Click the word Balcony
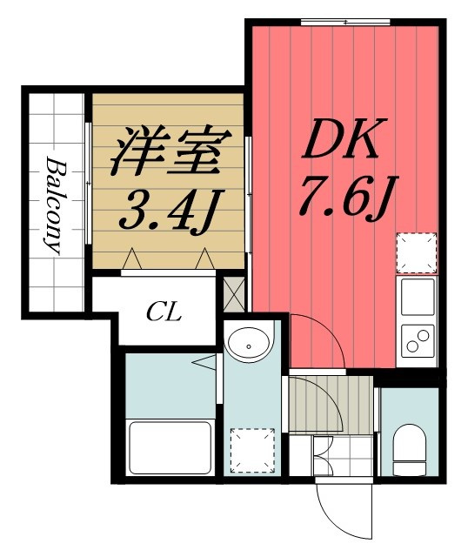pos(54,204)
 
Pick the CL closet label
pos(163,311)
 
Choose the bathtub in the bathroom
pos(170,446)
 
